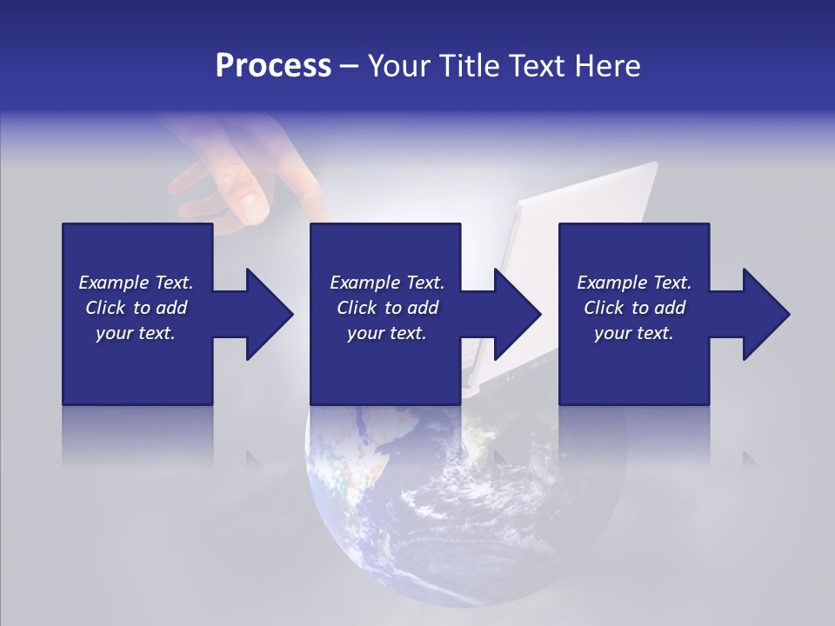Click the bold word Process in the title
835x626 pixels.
click(273, 66)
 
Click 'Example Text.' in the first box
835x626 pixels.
click(136, 283)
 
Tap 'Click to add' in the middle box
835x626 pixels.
click(387, 308)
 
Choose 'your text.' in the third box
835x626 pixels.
click(634, 333)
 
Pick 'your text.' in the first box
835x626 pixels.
click(136, 333)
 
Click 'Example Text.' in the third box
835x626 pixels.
click(634, 283)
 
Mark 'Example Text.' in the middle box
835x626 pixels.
click(387, 283)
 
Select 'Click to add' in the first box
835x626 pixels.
click(136, 308)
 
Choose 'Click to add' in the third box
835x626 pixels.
click(634, 308)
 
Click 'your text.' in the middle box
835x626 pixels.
click(387, 333)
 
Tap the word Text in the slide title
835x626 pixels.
click(535, 66)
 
